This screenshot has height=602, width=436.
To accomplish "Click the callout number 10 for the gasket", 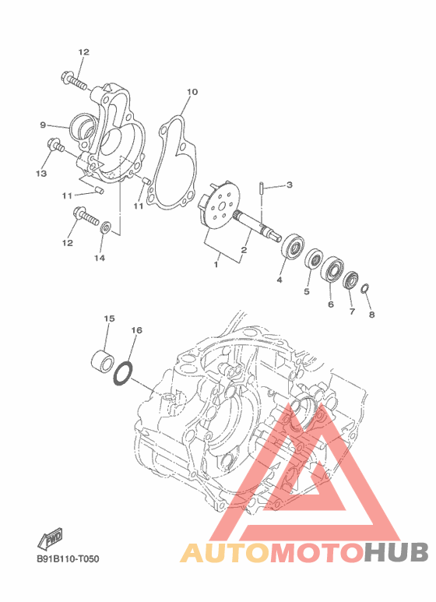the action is point(192,92).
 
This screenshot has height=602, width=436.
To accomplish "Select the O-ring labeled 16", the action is point(122,373).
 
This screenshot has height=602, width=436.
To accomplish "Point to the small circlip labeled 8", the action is point(365,288).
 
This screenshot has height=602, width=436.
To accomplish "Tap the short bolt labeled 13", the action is point(55,146).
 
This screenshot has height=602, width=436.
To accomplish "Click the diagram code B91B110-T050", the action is point(68,558).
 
